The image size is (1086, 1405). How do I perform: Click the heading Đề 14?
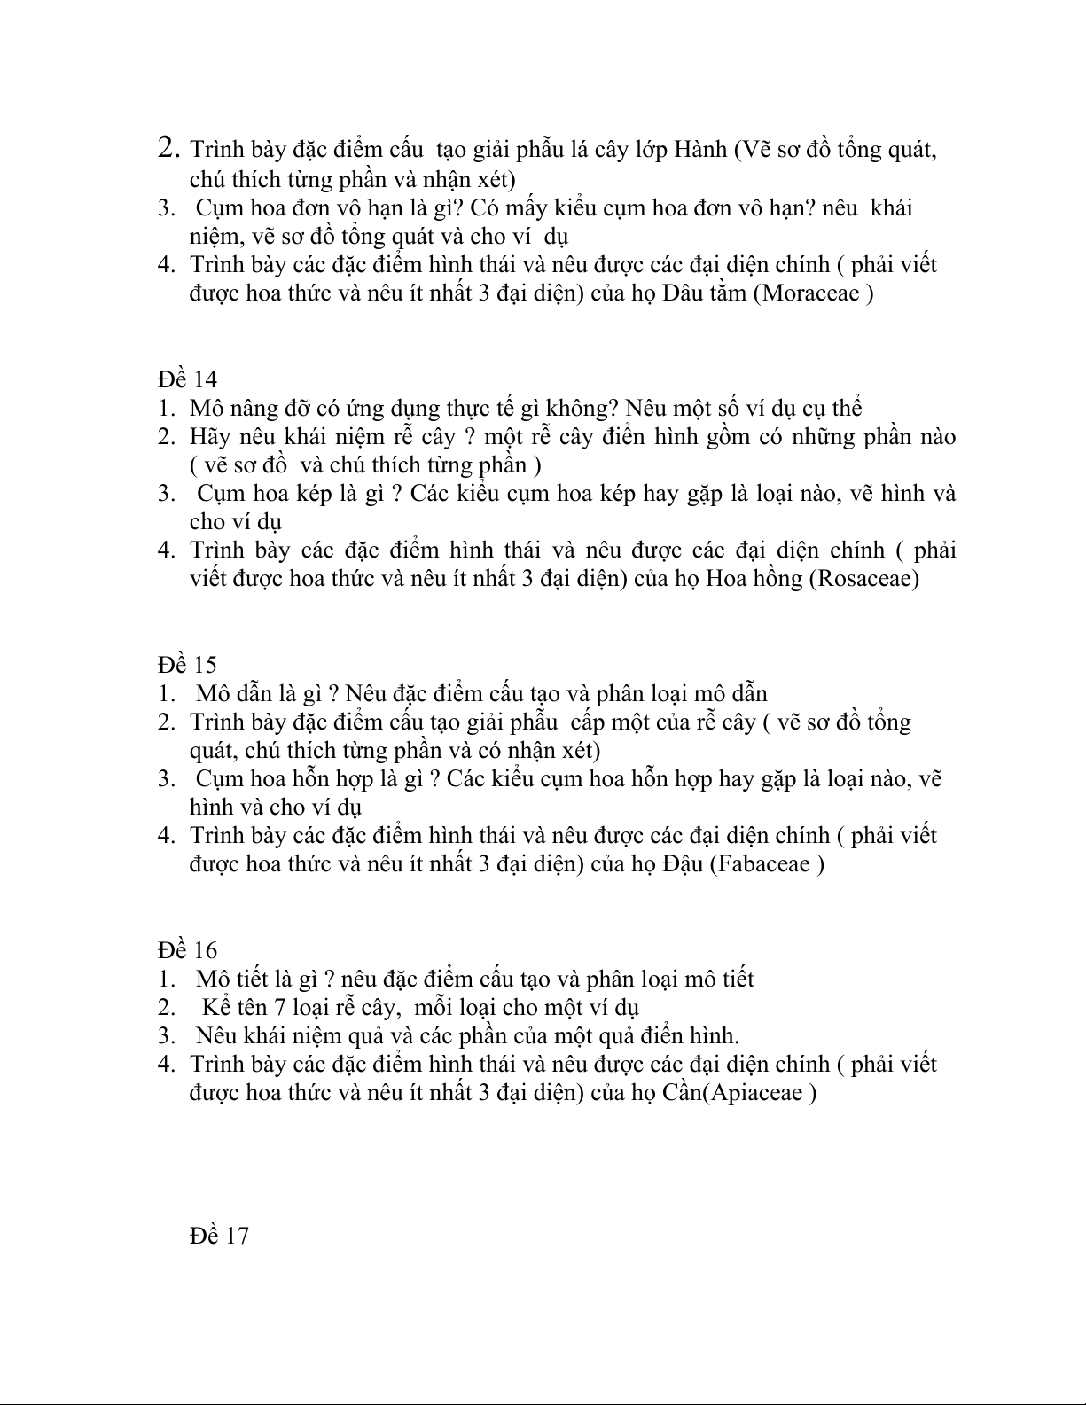(188, 379)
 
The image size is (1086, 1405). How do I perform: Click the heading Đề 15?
(188, 665)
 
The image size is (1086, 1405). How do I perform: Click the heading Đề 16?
(188, 950)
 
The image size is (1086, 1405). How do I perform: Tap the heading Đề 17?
(219, 1236)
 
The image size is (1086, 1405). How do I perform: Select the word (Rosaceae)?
(864, 579)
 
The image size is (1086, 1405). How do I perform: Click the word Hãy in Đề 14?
(207, 437)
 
